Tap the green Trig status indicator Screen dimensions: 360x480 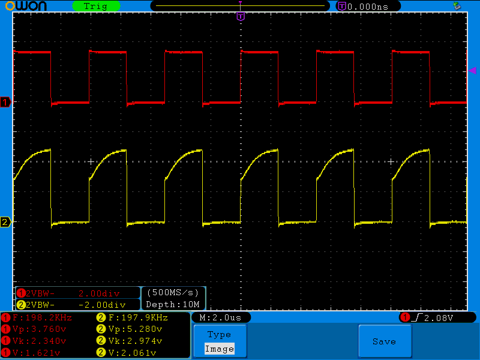(x=95, y=6)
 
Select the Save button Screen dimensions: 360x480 (x=384, y=341)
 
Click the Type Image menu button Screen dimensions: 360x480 (x=219, y=341)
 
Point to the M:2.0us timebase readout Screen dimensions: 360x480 (x=221, y=317)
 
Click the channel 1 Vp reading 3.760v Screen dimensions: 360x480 (x=38, y=329)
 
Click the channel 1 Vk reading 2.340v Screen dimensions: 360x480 (x=38, y=340)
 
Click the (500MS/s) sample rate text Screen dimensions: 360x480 (x=173, y=293)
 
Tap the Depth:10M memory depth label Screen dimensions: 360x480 (x=173, y=305)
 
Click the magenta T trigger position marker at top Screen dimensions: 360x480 (x=241, y=16)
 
